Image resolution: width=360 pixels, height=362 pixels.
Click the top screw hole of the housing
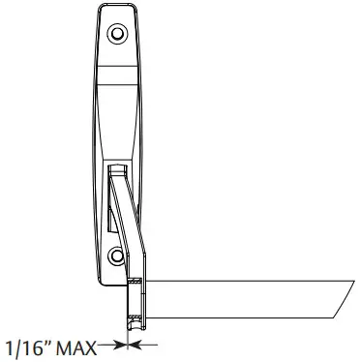click(x=118, y=34)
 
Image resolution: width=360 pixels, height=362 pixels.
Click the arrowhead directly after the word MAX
click(x=118, y=344)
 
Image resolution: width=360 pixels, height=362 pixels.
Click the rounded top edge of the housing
click(x=116, y=9)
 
